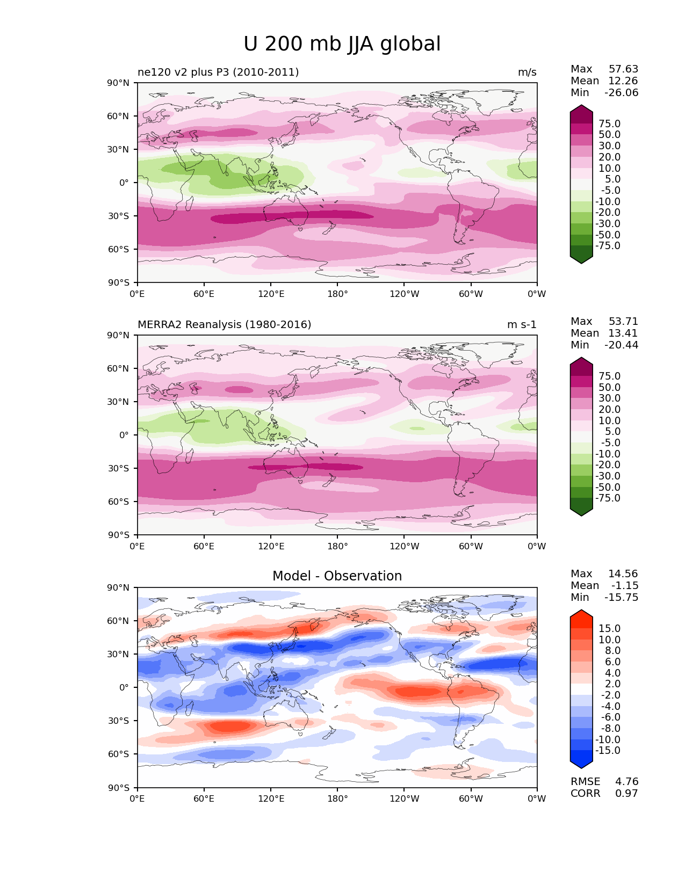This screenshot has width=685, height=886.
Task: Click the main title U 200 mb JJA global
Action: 342,44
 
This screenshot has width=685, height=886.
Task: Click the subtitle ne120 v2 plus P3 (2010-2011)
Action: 218,72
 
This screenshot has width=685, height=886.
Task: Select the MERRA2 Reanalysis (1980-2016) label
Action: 224,325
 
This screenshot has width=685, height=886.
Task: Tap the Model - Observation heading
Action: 337,576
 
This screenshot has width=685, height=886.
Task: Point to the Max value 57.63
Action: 623,69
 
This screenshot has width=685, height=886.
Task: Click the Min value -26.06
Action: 621,93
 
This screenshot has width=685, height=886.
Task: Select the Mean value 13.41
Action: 623,333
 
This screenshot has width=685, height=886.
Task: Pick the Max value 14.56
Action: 623,574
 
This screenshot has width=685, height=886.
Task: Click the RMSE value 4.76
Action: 626,782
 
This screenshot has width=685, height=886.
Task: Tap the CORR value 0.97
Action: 626,794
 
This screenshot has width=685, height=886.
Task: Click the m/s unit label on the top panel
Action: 527,72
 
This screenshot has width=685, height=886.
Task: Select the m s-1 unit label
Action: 522,325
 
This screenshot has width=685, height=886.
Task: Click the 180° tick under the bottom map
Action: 337,799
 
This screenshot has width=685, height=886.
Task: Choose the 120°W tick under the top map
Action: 404,294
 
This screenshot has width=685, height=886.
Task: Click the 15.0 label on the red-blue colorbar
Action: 609,629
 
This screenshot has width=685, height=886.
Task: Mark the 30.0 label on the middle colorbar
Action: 609,398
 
